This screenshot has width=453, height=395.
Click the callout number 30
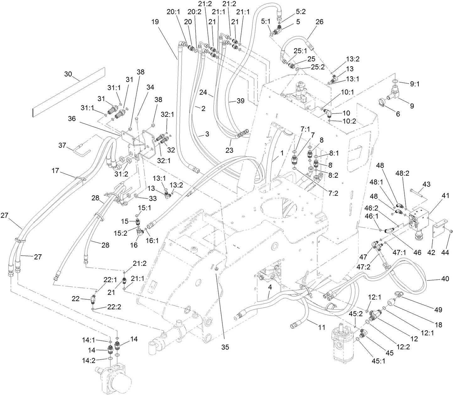(x=68, y=74)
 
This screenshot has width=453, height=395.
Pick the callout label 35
(x=225, y=347)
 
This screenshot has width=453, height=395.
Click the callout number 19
(x=154, y=22)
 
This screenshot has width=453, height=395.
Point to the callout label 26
(x=319, y=22)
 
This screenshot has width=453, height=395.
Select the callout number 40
(x=444, y=278)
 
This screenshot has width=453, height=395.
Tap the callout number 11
(x=321, y=327)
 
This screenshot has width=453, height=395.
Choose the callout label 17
(x=56, y=171)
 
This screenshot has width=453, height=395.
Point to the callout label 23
(x=229, y=150)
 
